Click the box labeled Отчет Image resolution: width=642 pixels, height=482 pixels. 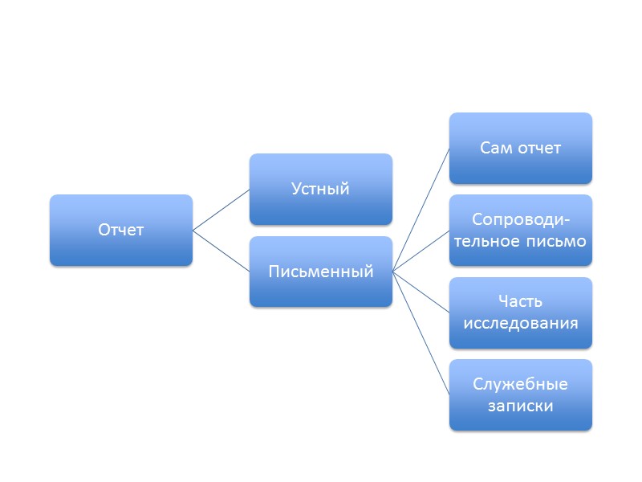pos(120,231)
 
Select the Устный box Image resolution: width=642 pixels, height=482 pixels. pos(320,190)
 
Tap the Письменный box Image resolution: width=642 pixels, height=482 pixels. pos(320,272)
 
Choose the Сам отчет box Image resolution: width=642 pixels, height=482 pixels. pos(520,149)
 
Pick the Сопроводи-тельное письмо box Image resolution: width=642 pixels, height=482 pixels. pos(520,231)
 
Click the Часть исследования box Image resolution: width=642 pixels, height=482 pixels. pos(520,312)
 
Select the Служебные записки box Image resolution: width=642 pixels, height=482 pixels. pos(520,394)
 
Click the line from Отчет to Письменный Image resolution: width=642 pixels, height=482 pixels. pos(221,251)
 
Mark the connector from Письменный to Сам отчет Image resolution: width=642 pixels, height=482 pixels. pos(421,210)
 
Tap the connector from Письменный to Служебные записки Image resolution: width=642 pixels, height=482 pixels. pos(421,333)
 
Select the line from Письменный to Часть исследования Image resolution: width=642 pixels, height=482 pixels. pos(421,292)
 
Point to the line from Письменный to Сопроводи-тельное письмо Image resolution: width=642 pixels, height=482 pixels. pos(421,251)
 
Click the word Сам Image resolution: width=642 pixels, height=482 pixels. pos(497,149)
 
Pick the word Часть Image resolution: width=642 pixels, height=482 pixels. pos(520,302)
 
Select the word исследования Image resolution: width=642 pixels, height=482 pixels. pos(520,324)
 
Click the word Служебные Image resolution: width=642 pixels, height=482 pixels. pos(520,384)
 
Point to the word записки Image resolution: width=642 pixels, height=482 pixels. pos(520,406)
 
